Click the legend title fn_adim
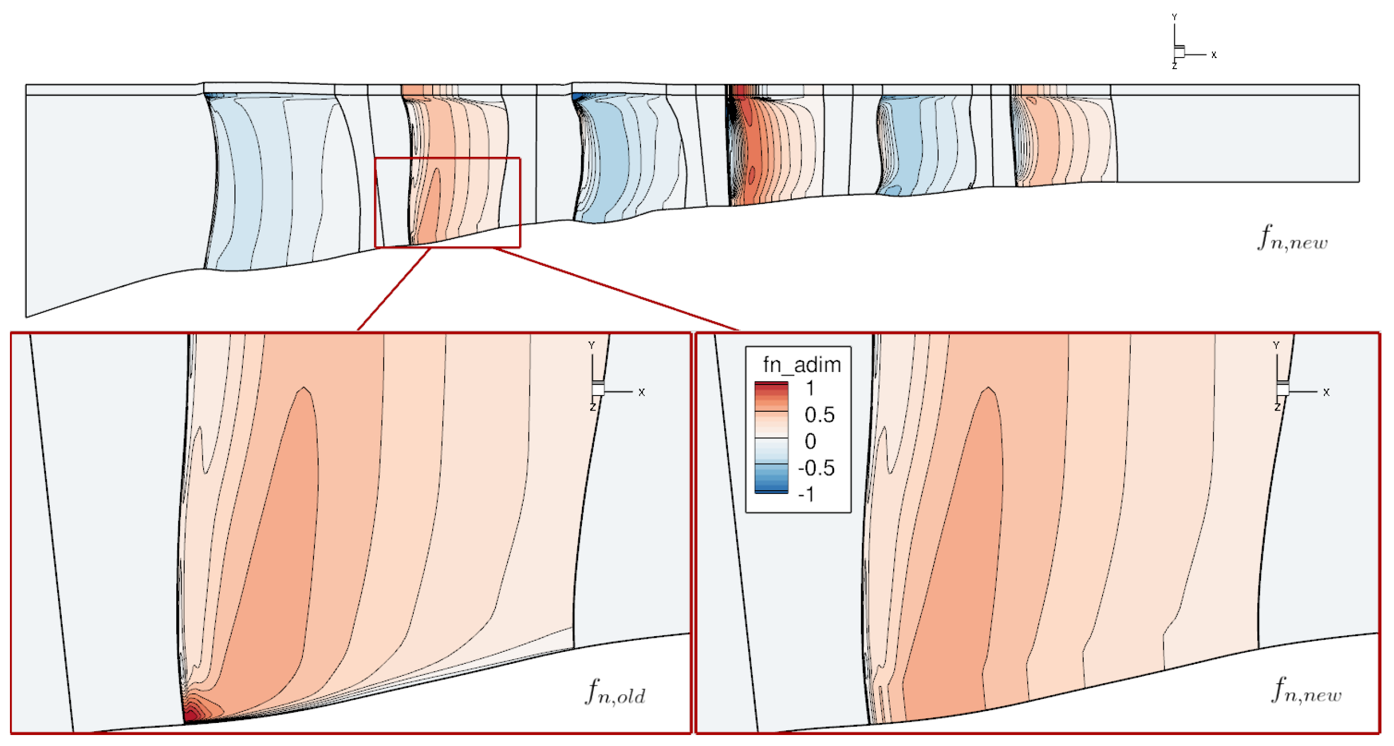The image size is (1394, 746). click(x=802, y=365)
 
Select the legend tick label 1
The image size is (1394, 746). click(x=810, y=388)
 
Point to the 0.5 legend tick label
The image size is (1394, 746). click(x=819, y=415)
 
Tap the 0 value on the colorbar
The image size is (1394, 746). click(x=810, y=442)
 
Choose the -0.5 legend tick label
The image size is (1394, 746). click(x=817, y=468)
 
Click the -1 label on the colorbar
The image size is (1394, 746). click(x=806, y=494)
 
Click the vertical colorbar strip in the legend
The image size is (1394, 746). click(x=771, y=437)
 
